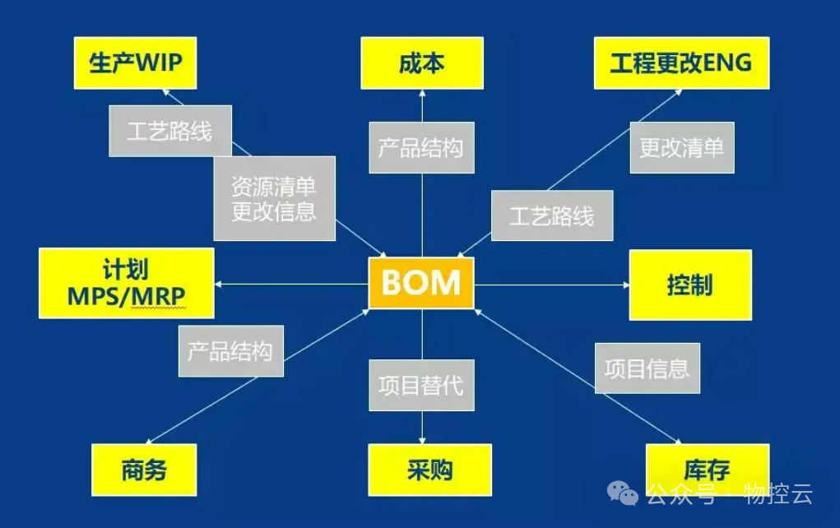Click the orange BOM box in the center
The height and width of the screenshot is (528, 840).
pyautogui.click(x=421, y=283)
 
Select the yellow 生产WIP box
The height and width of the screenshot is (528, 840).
pyautogui.click(x=135, y=63)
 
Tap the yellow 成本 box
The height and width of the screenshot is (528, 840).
pyautogui.click(x=422, y=63)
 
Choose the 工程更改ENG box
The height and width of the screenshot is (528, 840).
pyautogui.click(x=681, y=63)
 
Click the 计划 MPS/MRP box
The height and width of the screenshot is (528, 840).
pyautogui.click(x=127, y=283)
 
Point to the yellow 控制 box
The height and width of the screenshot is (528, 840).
pyautogui.click(x=690, y=285)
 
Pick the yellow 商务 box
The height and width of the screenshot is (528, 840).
pyautogui.click(x=144, y=470)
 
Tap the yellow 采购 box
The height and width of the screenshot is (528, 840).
pyautogui.click(x=429, y=470)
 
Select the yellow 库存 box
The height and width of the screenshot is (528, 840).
pyautogui.click(x=707, y=470)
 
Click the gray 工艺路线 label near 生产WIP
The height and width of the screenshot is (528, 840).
pyautogui.click(x=170, y=131)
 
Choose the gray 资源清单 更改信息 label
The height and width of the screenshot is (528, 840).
pyautogui.click(x=274, y=198)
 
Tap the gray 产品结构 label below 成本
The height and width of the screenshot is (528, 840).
pyautogui.click(x=421, y=148)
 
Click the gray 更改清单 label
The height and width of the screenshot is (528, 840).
pyautogui.click(x=681, y=148)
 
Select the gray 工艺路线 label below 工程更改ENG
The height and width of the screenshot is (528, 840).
pyautogui.click(x=551, y=215)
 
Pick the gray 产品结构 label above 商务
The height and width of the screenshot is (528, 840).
pyautogui.click(x=230, y=351)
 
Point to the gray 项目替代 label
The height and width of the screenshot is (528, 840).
pyautogui.click(x=421, y=385)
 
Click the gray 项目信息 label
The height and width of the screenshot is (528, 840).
pyautogui.click(x=647, y=368)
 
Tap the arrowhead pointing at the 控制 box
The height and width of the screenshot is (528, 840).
pyautogui.click(x=625, y=285)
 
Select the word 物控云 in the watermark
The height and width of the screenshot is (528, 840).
pyautogui.click(x=778, y=493)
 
